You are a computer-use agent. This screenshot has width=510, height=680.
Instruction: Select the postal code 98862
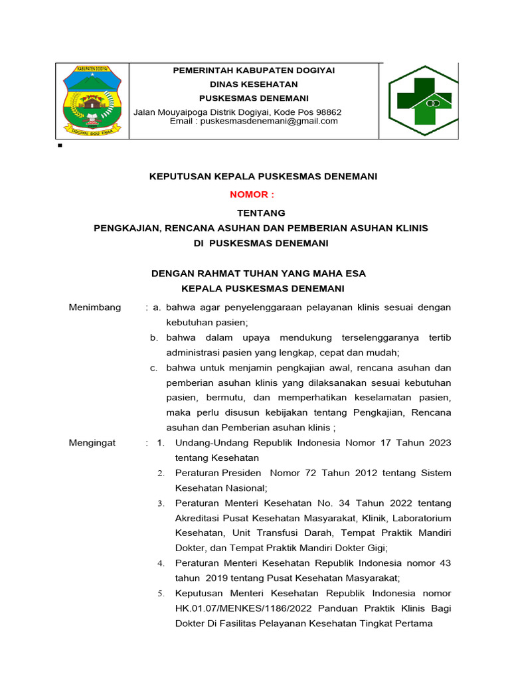tap(329, 112)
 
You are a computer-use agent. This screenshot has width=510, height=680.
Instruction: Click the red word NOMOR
tap(250, 195)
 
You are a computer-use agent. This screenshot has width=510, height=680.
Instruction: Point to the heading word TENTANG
tap(261, 213)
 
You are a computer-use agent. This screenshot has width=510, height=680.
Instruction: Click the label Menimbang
tap(95, 307)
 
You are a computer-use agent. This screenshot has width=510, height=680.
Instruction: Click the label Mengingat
tap(92, 443)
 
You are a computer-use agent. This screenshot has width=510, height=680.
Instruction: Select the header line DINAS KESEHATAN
tap(254, 84)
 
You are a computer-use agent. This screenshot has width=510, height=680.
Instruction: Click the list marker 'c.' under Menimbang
tap(153, 368)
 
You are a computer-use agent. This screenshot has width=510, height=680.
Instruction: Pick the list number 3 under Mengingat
tap(161, 503)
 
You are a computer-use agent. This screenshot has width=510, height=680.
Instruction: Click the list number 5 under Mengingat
tap(161, 594)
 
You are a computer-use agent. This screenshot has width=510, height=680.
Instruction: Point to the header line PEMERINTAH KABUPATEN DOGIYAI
tap(254, 70)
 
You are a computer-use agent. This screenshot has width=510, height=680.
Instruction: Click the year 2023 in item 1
tap(439, 443)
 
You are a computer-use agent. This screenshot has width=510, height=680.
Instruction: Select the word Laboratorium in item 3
tap(422, 518)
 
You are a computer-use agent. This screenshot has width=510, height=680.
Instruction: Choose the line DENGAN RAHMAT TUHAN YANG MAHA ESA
tap(258, 274)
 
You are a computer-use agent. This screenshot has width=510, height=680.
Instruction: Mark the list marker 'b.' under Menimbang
tap(153, 338)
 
